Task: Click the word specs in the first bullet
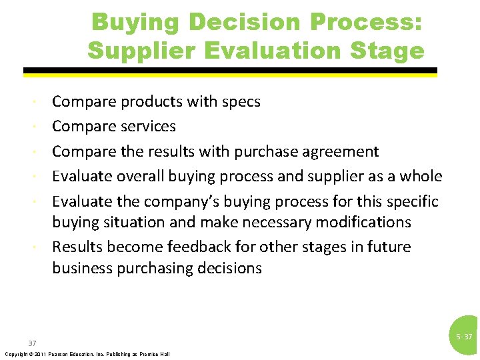point(239,102)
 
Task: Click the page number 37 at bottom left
point(32,343)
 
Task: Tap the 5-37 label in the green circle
point(464,337)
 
